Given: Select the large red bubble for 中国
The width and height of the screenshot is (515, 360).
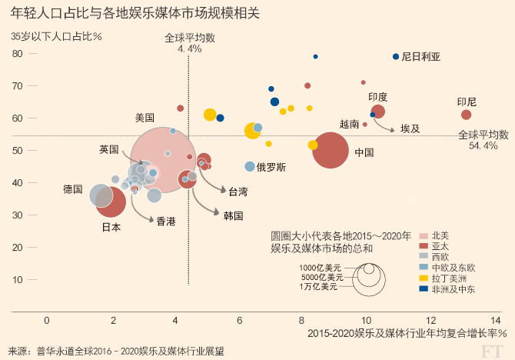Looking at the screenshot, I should [331, 150].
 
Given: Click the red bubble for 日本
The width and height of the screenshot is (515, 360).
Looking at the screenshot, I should [110, 204].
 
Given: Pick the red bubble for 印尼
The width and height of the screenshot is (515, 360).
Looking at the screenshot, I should [467, 115].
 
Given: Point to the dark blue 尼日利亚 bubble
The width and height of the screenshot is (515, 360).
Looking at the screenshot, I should [396, 57].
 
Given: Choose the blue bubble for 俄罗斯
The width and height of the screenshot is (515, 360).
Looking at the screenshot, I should [250, 166].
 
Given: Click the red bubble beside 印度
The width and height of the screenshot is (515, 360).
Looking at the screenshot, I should [377, 112].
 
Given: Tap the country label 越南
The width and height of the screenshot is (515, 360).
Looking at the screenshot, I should [348, 124].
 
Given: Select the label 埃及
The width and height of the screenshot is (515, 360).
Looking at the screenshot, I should [410, 128].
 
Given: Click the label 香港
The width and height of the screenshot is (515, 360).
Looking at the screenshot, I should [166, 222].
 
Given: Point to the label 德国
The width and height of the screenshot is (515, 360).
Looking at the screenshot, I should [73, 188].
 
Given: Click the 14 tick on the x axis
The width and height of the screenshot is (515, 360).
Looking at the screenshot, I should [496, 319].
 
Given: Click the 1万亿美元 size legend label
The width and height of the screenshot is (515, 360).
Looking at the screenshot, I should [318, 287].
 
